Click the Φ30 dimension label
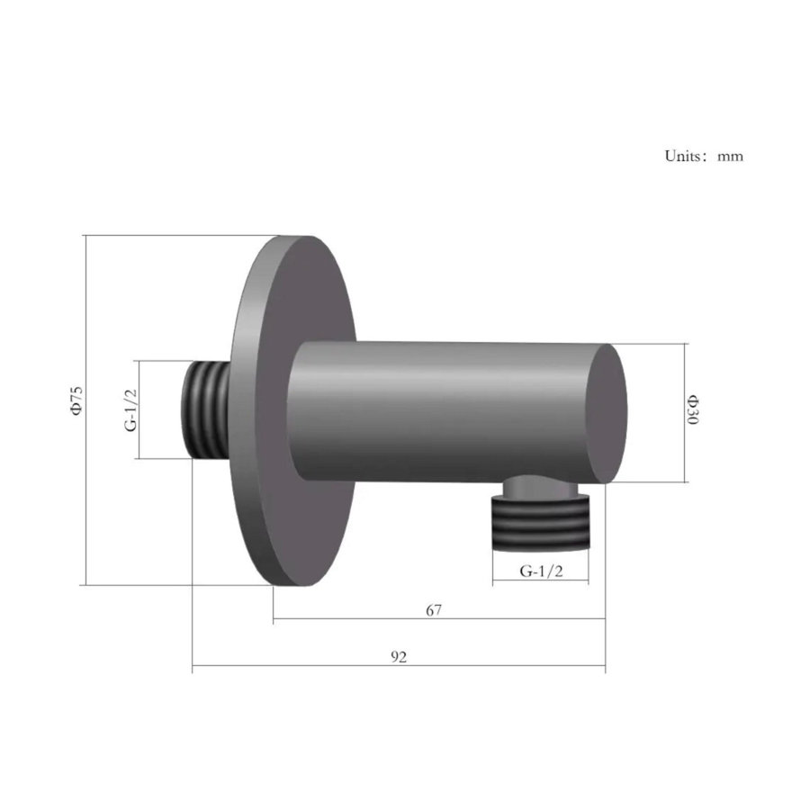click(692, 411)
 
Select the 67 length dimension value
click(434, 610)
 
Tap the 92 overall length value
click(399, 658)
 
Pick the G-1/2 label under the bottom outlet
click(540, 571)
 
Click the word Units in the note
click(682, 156)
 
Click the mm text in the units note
click(730, 157)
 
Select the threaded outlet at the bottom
click(540, 524)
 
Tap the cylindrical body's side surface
click(441, 409)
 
